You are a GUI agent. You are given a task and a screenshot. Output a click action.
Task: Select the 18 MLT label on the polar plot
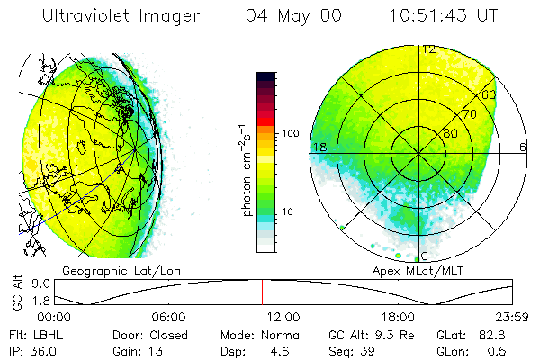318,146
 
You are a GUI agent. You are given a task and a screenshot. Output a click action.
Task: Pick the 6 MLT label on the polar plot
522,146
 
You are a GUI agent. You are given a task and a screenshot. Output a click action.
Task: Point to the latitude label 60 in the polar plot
490,94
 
